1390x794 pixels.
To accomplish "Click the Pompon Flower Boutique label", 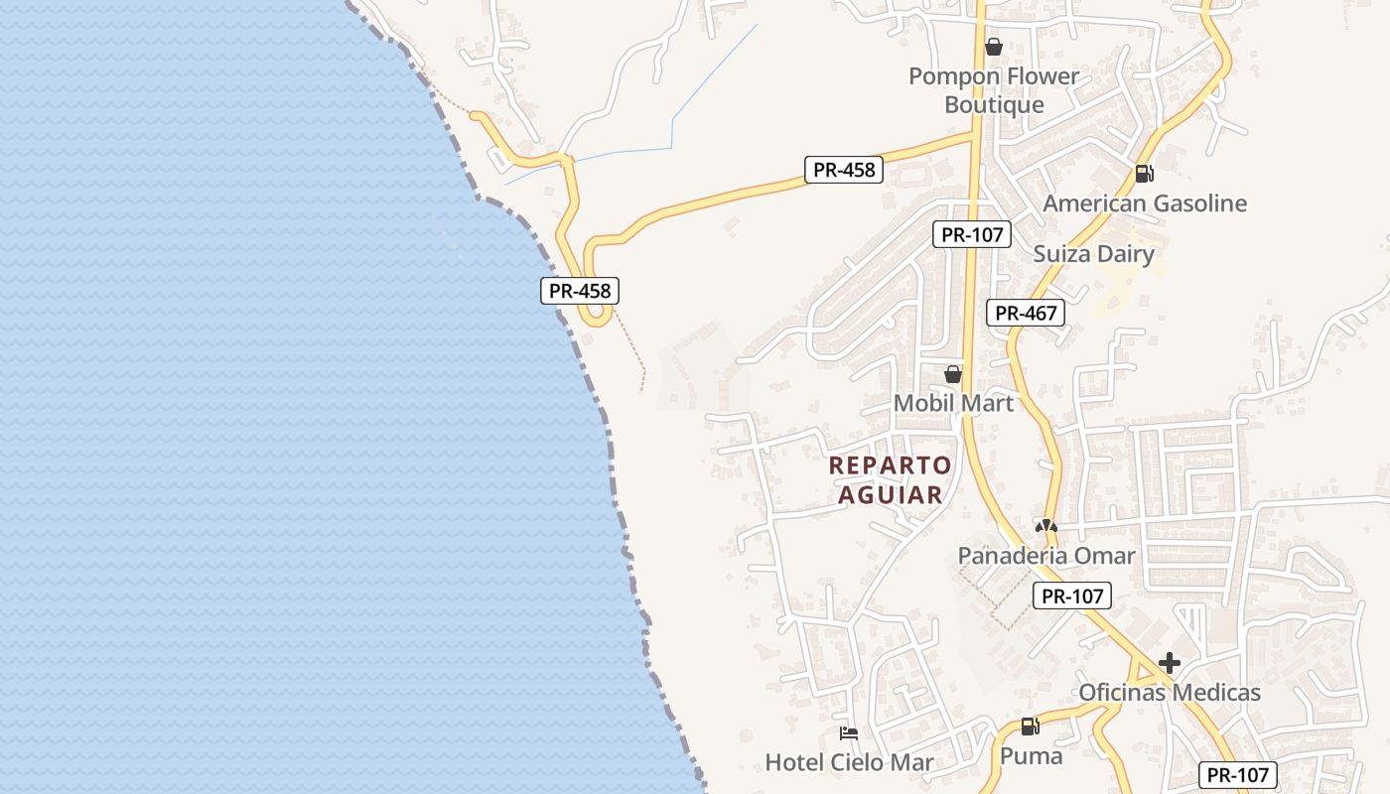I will (x=994, y=90).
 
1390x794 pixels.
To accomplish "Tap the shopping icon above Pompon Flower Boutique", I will (x=994, y=47).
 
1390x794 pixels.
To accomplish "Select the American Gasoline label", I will (x=1144, y=203).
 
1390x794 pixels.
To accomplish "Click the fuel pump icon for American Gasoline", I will (x=1144, y=174).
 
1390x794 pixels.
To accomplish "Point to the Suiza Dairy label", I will (x=1093, y=254).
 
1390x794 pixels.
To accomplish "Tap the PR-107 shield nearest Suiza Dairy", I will (x=972, y=235).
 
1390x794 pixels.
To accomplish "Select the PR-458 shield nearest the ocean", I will (x=580, y=291).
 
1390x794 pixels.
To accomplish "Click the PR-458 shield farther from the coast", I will (x=844, y=170).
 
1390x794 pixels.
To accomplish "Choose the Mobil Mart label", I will (x=953, y=403).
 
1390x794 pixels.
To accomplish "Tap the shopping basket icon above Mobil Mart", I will (x=953, y=374).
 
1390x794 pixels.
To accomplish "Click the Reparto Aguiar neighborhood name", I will (x=891, y=479).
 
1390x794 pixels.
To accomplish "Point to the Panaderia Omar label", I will (x=1045, y=556).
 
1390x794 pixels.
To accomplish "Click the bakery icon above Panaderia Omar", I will (x=1045, y=525).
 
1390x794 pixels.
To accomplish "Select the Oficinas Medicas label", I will (x=1169, y=692).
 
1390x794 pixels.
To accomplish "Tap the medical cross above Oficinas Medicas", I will (x=1170, y=663).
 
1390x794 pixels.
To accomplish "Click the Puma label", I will (x=1031, y=756).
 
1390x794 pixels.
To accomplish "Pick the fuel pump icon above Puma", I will (x=1031, y=727).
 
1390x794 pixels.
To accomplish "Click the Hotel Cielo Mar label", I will (x=849, y=762).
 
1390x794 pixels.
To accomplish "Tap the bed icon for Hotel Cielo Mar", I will (x=849, y=733).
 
